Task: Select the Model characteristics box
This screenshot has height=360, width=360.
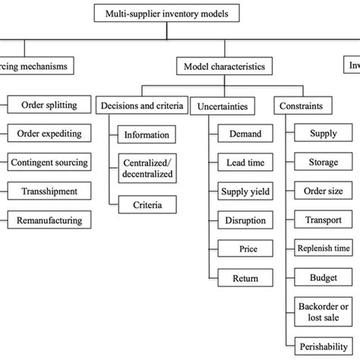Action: point(224,67)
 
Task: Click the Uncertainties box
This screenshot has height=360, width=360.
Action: point(223,106)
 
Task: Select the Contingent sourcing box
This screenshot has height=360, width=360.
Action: point(49,163)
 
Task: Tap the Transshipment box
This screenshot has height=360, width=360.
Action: point(49,191)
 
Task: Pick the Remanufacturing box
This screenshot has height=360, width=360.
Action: point(49,220)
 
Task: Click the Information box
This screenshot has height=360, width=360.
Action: point(148,135)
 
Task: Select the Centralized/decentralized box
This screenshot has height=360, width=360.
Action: point(148,168)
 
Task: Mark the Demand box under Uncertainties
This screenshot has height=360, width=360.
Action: point(241,134)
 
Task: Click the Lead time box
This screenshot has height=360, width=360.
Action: point(241,163)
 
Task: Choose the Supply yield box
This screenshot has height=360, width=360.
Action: point(241,191)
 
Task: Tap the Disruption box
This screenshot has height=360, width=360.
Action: point(241,220)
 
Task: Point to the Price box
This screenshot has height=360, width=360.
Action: point(241,248)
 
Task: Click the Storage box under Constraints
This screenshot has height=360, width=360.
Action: point(324,163)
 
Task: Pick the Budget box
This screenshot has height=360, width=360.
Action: point(324,277)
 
